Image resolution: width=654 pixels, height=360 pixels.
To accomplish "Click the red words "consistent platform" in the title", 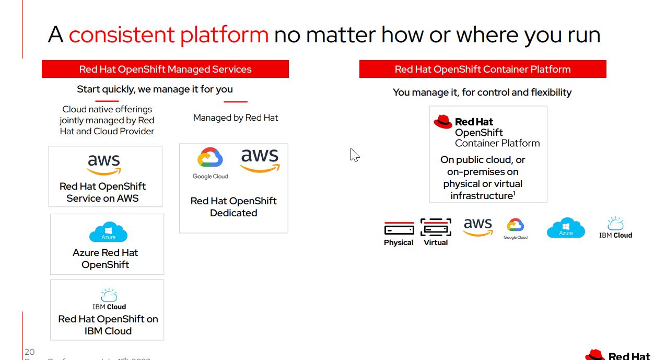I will (x=168, y=35).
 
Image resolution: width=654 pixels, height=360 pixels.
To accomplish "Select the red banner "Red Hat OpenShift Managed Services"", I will (x=165, y=69).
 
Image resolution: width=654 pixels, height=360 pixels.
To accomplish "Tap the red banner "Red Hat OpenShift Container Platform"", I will (x=483, y=69).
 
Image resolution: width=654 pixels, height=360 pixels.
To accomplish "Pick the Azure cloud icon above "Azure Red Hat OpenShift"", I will (x=108, y=233).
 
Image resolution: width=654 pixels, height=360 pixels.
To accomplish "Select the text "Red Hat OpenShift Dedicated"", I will (x=233, y=207).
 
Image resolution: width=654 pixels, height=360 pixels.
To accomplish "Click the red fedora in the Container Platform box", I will (x=443, y=122).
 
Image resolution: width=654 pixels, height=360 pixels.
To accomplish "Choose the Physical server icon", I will (x=399, y=228).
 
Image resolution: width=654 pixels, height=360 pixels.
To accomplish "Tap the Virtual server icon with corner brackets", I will (x=436, y=228).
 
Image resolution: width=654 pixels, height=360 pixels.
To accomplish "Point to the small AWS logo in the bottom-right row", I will (x=478, y=227).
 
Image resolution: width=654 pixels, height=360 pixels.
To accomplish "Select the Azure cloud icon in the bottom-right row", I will (x=566, y=228).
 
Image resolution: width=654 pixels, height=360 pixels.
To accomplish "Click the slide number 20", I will (x=29, y=351).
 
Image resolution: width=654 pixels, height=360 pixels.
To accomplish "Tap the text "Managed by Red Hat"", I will (x=236, y=118).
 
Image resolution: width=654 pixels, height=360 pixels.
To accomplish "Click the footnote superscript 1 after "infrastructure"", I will (x=514, y=193).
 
